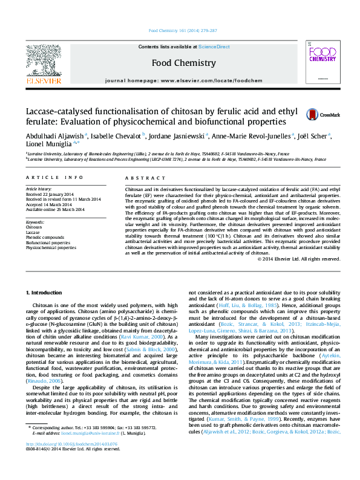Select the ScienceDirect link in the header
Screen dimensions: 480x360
pyautogui.click(x=213, y=47)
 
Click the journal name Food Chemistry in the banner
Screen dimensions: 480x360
pyautogui.click(x=183, y=63)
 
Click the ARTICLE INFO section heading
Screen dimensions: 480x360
pyautogui.click(x=54, y=177)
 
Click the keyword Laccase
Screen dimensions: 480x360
pyautogui.click(x=33, y=232)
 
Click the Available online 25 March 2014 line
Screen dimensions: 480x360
pyautogui.click(x=51, y=208)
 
